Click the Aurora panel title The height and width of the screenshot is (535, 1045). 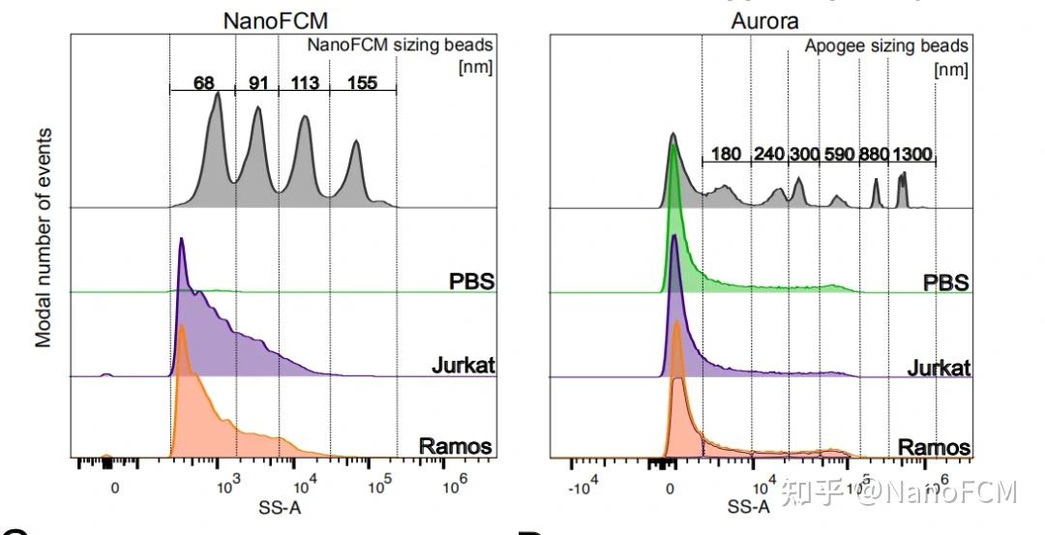(764, 20)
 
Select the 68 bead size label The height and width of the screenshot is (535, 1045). (203, 82)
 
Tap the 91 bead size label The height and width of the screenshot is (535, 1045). (258, 82)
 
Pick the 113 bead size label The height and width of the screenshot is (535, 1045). (305, 82)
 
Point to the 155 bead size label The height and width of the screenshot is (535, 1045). (362, 82)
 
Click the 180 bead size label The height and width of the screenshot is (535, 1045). (726, 154)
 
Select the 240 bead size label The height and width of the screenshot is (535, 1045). (769, 154)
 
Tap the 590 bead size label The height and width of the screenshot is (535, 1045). (839, 154)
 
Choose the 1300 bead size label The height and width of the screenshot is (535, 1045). (912, 154)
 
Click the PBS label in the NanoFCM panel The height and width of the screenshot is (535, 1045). (472, 282)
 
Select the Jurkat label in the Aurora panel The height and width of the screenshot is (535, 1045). (939, 369)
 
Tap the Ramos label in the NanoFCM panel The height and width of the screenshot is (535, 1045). (455, 446)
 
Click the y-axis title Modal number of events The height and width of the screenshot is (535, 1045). (45, 237)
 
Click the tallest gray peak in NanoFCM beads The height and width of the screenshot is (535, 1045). (218, 94)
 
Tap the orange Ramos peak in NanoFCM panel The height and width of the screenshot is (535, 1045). (181, 329)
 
